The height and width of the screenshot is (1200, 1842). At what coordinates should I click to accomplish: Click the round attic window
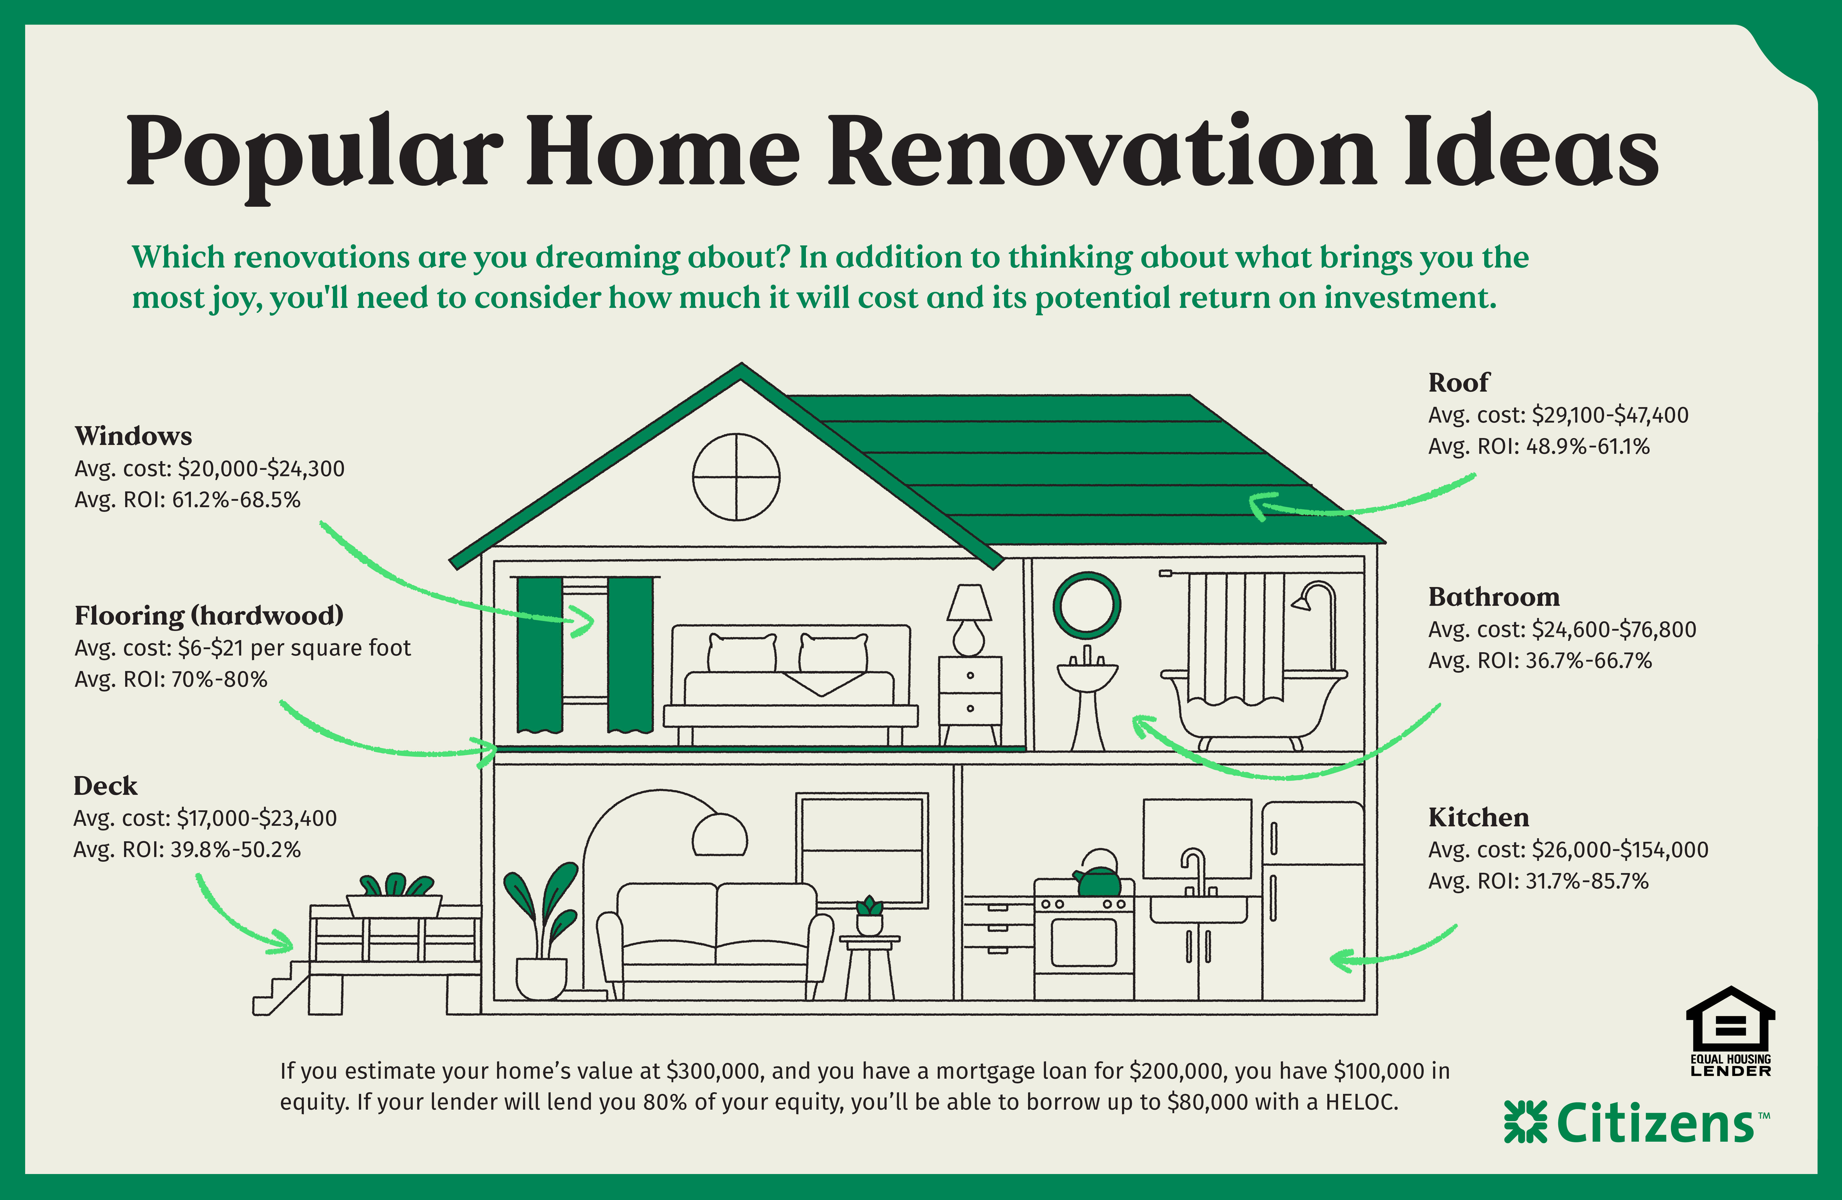(736, 477)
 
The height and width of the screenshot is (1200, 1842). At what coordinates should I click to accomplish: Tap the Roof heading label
(1458, 382)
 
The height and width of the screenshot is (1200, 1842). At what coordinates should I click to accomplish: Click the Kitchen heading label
(1478, 818)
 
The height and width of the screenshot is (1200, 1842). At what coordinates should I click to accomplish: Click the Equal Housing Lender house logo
(1731, 1020)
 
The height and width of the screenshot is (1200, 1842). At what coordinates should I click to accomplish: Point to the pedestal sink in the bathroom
(1087, 693)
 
